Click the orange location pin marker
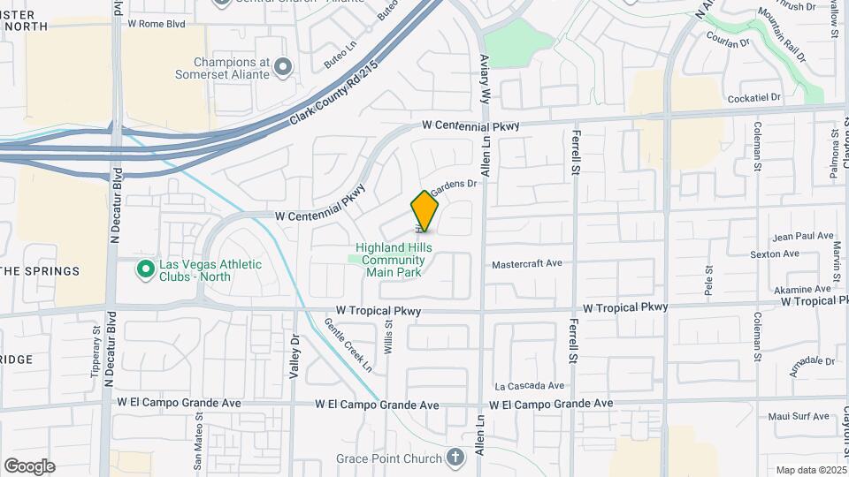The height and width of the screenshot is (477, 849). point(424,211)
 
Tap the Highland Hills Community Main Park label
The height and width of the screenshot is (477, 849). point(394,260)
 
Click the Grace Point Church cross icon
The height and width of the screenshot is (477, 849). point(455,458)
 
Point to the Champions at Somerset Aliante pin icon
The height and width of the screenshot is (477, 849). point(283,65)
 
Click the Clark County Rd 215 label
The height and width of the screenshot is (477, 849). point(334,92)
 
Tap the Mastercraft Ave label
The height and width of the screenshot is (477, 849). point(527,263)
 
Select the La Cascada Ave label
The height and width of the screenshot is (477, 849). point(530,386)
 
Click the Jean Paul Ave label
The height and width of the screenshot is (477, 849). point(802,237)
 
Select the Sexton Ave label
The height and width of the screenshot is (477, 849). point(775,254)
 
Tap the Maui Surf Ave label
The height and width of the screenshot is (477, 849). point(799,416)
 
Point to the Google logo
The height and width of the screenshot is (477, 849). point(29,466)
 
